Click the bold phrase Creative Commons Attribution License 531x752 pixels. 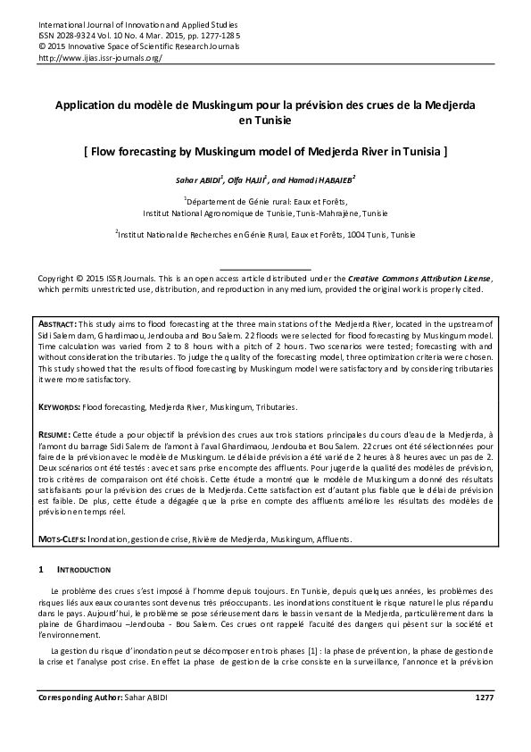419,280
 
